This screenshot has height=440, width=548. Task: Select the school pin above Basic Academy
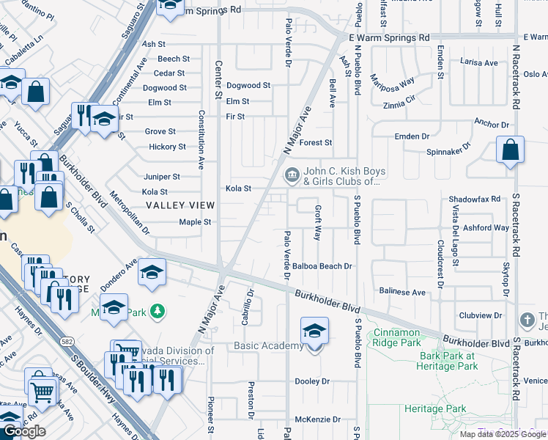314,331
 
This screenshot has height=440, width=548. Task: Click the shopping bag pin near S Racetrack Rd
511,150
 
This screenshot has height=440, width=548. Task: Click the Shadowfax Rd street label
474,199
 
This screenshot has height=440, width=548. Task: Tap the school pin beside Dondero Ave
152,272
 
